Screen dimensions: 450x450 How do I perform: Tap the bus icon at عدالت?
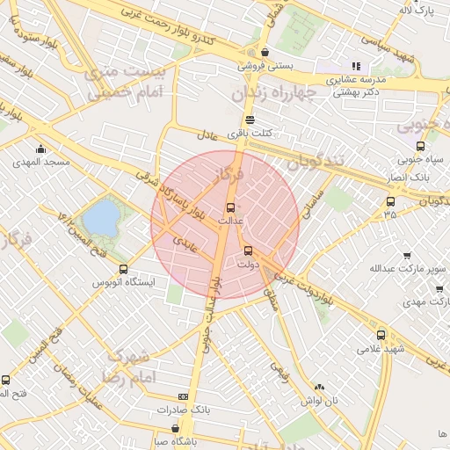point(230,207)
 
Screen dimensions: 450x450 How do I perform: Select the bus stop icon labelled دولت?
point(247,250)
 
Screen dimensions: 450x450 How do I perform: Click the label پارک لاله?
point(417,11)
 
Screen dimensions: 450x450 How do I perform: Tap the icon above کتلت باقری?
point(250,120)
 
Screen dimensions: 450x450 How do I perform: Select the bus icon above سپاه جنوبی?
point(420,146)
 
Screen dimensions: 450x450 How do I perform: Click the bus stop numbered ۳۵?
point(390,201)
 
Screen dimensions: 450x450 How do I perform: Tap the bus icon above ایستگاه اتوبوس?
point(123,269)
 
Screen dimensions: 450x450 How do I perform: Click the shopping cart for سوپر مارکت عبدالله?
point(407,256)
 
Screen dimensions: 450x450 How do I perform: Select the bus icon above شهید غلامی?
point(381,334)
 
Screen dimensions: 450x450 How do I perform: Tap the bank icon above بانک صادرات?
point(183,397)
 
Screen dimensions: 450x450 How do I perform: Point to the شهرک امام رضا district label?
point(129,366)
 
